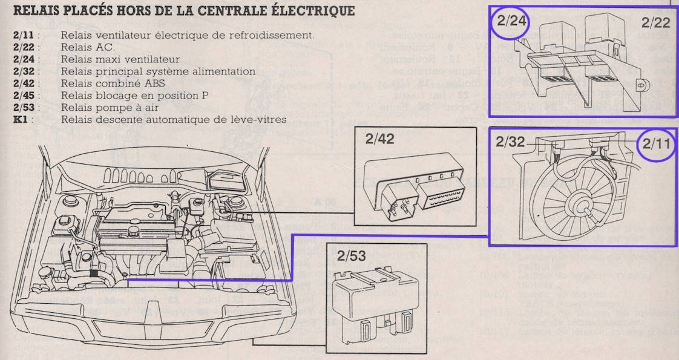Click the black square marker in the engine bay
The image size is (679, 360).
coord(93,272)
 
